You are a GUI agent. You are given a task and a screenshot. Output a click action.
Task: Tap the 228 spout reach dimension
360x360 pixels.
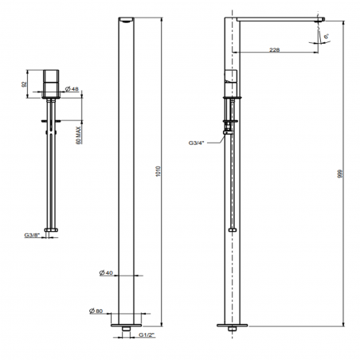pos(274,50)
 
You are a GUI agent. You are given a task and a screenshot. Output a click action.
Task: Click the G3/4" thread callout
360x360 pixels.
pos(198,143)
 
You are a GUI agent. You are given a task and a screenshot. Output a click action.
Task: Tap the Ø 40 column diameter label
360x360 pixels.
pos(109,273)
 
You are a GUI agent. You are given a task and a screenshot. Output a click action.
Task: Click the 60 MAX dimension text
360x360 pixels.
pos(79,131)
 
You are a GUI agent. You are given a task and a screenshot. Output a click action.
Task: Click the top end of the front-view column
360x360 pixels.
pos(130,19)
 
